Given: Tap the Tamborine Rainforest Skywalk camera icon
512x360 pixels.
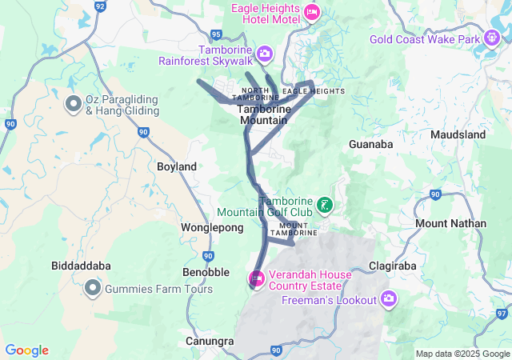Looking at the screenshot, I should coord(264,54).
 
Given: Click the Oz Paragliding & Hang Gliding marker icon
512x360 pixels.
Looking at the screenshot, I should coord(73,104).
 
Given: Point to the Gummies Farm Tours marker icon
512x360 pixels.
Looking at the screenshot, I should coord(93,288).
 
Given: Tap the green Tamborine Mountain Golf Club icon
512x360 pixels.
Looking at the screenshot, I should coord(324,206).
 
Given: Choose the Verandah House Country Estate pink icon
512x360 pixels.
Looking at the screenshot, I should coord(256,279).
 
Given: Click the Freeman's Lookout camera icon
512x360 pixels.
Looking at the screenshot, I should coord(389,300).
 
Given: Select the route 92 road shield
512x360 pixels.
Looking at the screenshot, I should coord(100,6).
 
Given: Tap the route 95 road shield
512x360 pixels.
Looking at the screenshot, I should coord(216,34).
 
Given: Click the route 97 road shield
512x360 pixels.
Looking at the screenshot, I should coord(501,314).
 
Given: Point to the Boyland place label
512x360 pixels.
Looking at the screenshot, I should coord(177,166).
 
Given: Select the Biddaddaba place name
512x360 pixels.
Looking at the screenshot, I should coord(81,266).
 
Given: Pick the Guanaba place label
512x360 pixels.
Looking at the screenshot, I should coord(371,145).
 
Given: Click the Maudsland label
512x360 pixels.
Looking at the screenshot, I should coord(458,135).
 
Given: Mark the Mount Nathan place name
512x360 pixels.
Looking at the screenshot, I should coord(450,223).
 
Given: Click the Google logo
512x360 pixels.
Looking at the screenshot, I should coord(26,350).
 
